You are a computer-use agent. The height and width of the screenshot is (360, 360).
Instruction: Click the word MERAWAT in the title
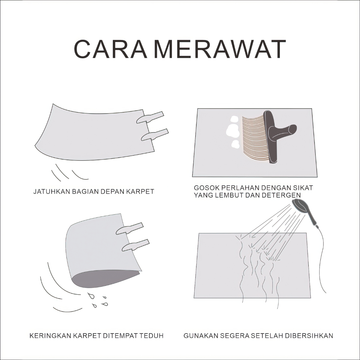pos(219,49)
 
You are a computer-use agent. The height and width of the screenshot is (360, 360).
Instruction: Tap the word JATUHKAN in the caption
pos(52,192)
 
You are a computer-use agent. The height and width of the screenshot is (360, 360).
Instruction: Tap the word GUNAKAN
pos(200,336)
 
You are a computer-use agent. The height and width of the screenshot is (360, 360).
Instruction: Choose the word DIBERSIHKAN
pos(309,336)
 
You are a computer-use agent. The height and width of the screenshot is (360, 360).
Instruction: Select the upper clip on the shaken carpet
pos(150,117)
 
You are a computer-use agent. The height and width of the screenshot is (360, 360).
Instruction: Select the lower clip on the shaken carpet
pos(155,135)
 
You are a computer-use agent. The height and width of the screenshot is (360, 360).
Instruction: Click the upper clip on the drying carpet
pos(130,229)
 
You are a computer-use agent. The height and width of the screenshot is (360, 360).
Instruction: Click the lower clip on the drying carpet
pos(136,245)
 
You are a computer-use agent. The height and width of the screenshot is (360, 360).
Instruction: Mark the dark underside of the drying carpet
pos(101,279)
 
